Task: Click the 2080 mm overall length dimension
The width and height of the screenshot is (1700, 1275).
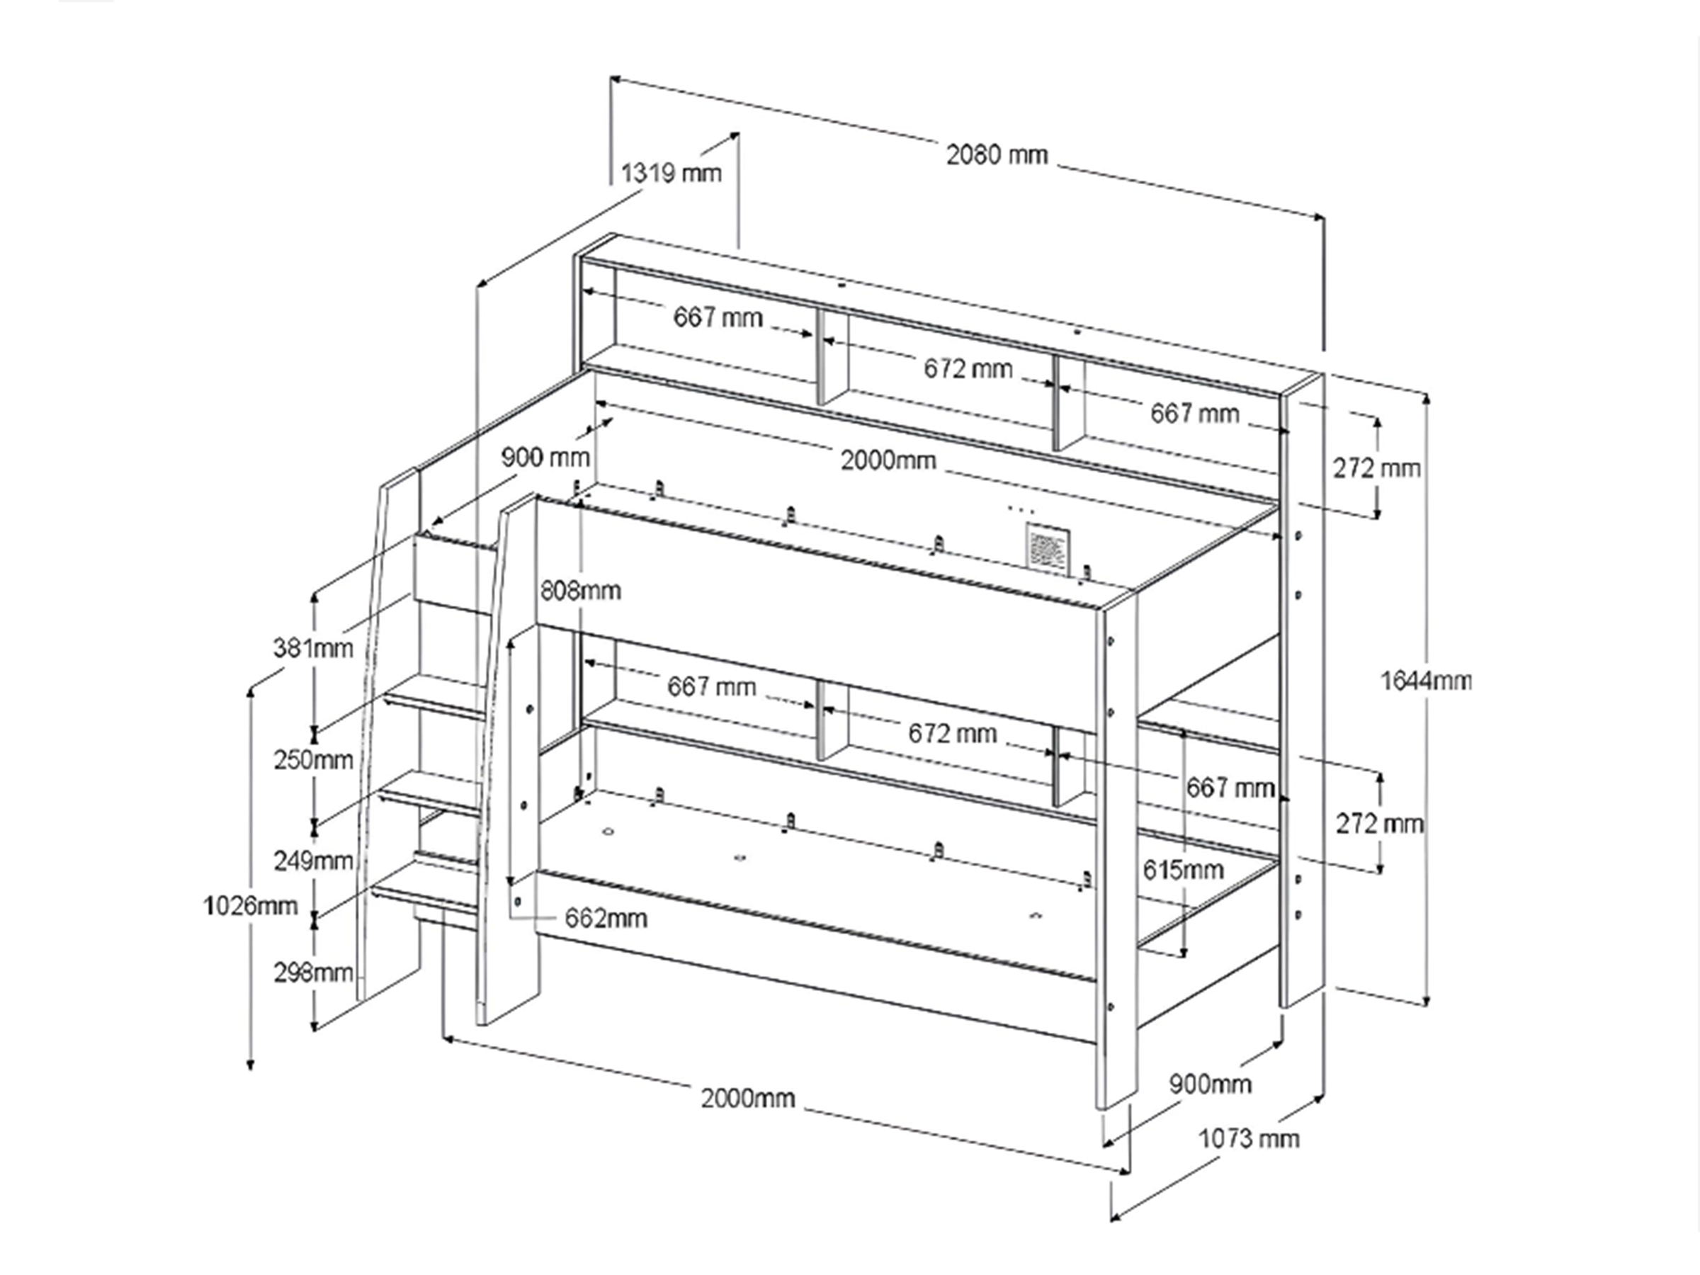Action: [997, 155]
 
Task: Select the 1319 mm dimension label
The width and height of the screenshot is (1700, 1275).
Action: [671, 173]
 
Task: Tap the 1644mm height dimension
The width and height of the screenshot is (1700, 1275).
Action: [1427, 681]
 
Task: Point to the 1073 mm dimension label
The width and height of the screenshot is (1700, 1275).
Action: [1249, 1138]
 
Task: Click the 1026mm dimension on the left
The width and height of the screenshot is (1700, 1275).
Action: [251, 906]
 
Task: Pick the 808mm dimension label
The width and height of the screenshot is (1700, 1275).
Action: [580, 590]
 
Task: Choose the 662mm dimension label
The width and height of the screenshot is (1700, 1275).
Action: [606, 917]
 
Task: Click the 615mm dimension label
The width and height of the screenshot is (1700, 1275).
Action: [1183, 870]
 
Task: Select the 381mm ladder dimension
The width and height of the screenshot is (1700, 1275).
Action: [314, 648]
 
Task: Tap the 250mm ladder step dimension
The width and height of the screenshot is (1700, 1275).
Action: [314, 759]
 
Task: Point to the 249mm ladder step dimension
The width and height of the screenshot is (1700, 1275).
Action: [314, 860]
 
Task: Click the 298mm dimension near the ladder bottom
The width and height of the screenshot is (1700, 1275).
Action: [314, 973]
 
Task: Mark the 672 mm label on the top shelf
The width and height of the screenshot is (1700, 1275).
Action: [968, 369]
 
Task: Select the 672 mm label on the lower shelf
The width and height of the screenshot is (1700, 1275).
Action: [952, 733]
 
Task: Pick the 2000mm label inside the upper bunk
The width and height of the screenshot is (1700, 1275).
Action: [888, 460]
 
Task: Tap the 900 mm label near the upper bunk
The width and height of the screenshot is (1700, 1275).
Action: [545, 458]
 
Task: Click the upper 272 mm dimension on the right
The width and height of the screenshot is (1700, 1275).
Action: [1377, 468]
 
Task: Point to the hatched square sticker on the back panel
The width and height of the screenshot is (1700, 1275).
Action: [1046, 546]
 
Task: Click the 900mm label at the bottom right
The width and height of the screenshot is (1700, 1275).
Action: [1211, 1084]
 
